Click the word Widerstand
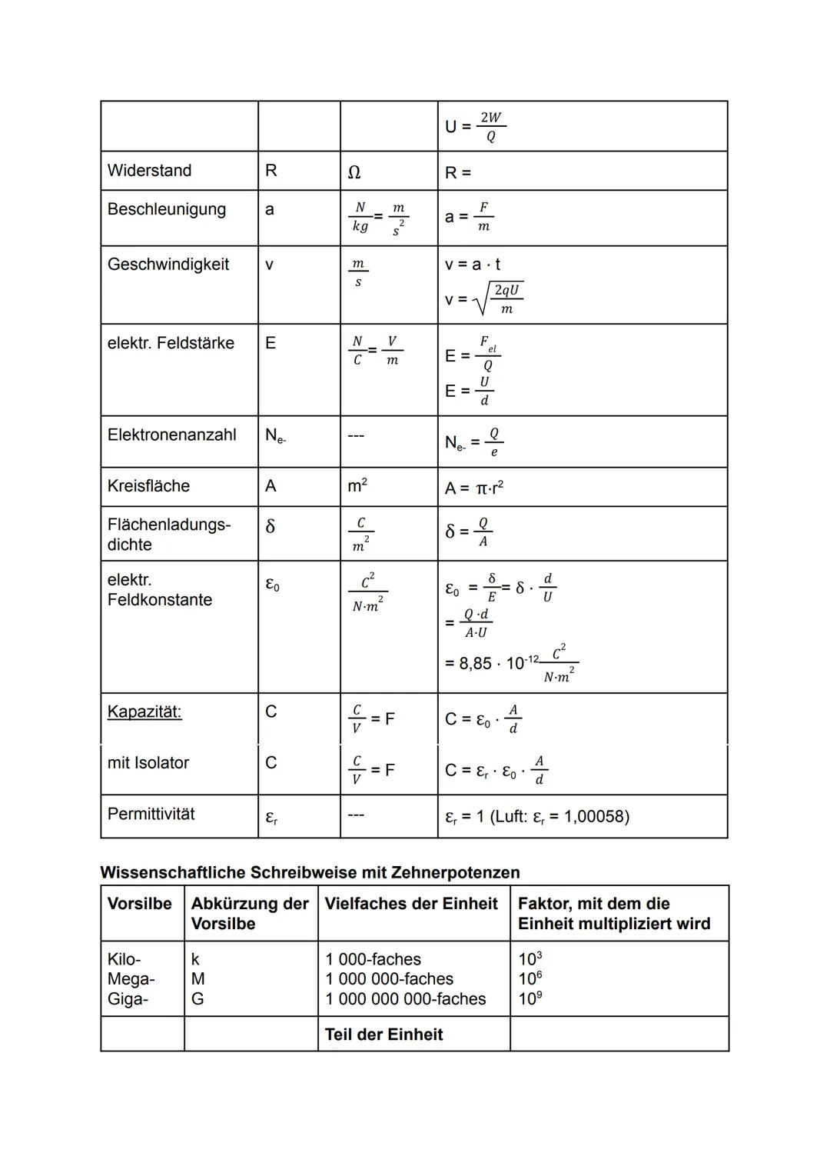pyautogui.click(x=149, y=171)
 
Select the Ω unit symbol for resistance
pyautogui.click(x=354, y=172)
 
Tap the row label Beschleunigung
pyautogui.click(x=166, y=209)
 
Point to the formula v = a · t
pyautogui.click(x=473, y=265)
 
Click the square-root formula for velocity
pyautogui.click(x=485, y=299)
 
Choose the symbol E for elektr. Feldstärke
pyautogui.click(x=271, y=343)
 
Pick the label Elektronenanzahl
pyautogui.click(x=171, y=435)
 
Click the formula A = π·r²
pyautogui.click(x=474, y=488)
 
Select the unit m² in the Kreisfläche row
pyautogui.click(x=357, y=486)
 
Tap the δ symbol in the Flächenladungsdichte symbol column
pyautogui.click(x=270, y=526)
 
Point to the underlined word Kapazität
pyautogui.click(x=144, y=711)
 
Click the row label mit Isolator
pyautogui.click(x=148, y=763)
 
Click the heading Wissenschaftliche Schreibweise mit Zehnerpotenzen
pyautogui.click(x=310, y=872)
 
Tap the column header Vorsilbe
pyautogui.click(x=139, y=904)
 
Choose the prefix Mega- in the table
pyautogui.click(x=131, y=979)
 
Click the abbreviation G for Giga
pyautogui.click(x=198, y=999)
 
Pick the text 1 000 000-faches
pyautogui.click(x=389, y=979)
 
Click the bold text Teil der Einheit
pyautogui.click(x=383, y=1035)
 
